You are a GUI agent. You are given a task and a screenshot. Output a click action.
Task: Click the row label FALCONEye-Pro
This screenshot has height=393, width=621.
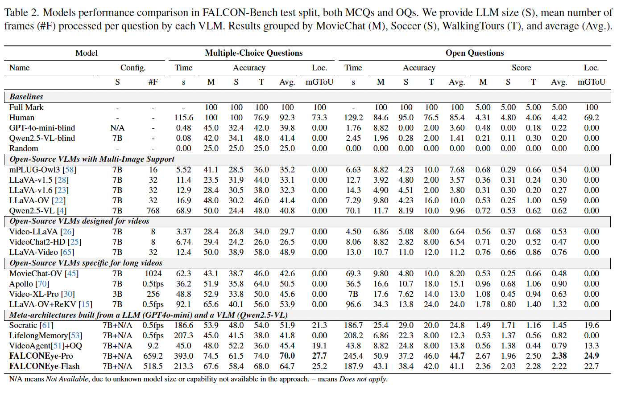tap(41, 356)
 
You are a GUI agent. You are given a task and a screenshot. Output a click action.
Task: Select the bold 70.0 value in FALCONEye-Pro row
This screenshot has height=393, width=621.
tap(287, 356)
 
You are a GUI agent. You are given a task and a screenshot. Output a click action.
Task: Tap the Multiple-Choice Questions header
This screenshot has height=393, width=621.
tap(253, 53)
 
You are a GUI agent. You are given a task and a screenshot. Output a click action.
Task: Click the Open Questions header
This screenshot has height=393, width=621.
tap(475, 53)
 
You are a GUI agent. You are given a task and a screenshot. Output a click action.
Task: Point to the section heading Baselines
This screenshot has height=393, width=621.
tap(26, 97)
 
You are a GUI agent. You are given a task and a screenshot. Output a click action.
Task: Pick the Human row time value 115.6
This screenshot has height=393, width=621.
tap(183, 118)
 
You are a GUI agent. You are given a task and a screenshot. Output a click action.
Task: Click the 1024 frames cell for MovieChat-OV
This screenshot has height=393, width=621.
tap(153, 274)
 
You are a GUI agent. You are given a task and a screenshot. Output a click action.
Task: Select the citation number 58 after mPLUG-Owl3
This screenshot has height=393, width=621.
tap(69, 170)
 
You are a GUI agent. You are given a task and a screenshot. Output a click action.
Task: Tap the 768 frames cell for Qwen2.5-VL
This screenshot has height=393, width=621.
tap(153, 211)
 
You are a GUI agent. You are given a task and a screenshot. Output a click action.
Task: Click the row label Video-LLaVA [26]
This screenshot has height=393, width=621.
tap(41, 232)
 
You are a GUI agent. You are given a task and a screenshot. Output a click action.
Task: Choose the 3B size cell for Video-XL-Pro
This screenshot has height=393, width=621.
tap(117, 294)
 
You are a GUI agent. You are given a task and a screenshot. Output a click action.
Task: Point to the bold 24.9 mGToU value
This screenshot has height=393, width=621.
tap(591, 356)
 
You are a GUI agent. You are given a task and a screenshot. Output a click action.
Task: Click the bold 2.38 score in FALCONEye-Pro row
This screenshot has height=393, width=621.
tap(559, 356)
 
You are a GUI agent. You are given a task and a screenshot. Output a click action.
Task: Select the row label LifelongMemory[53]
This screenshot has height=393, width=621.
tap(46, 336)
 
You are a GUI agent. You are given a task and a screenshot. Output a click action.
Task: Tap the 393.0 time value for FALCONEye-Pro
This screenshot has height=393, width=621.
tap(183, 356)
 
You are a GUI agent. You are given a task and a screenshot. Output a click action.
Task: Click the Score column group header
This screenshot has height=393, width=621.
tap(521, 68)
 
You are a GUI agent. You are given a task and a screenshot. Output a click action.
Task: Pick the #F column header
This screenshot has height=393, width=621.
tap(153, 82)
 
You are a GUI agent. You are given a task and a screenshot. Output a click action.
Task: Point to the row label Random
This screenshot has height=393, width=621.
tap(24, 148)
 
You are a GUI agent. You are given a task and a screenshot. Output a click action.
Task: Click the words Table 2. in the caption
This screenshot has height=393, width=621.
tap(21, 12)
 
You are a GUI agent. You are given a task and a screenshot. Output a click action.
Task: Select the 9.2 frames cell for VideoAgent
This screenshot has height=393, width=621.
tap(153, 346)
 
